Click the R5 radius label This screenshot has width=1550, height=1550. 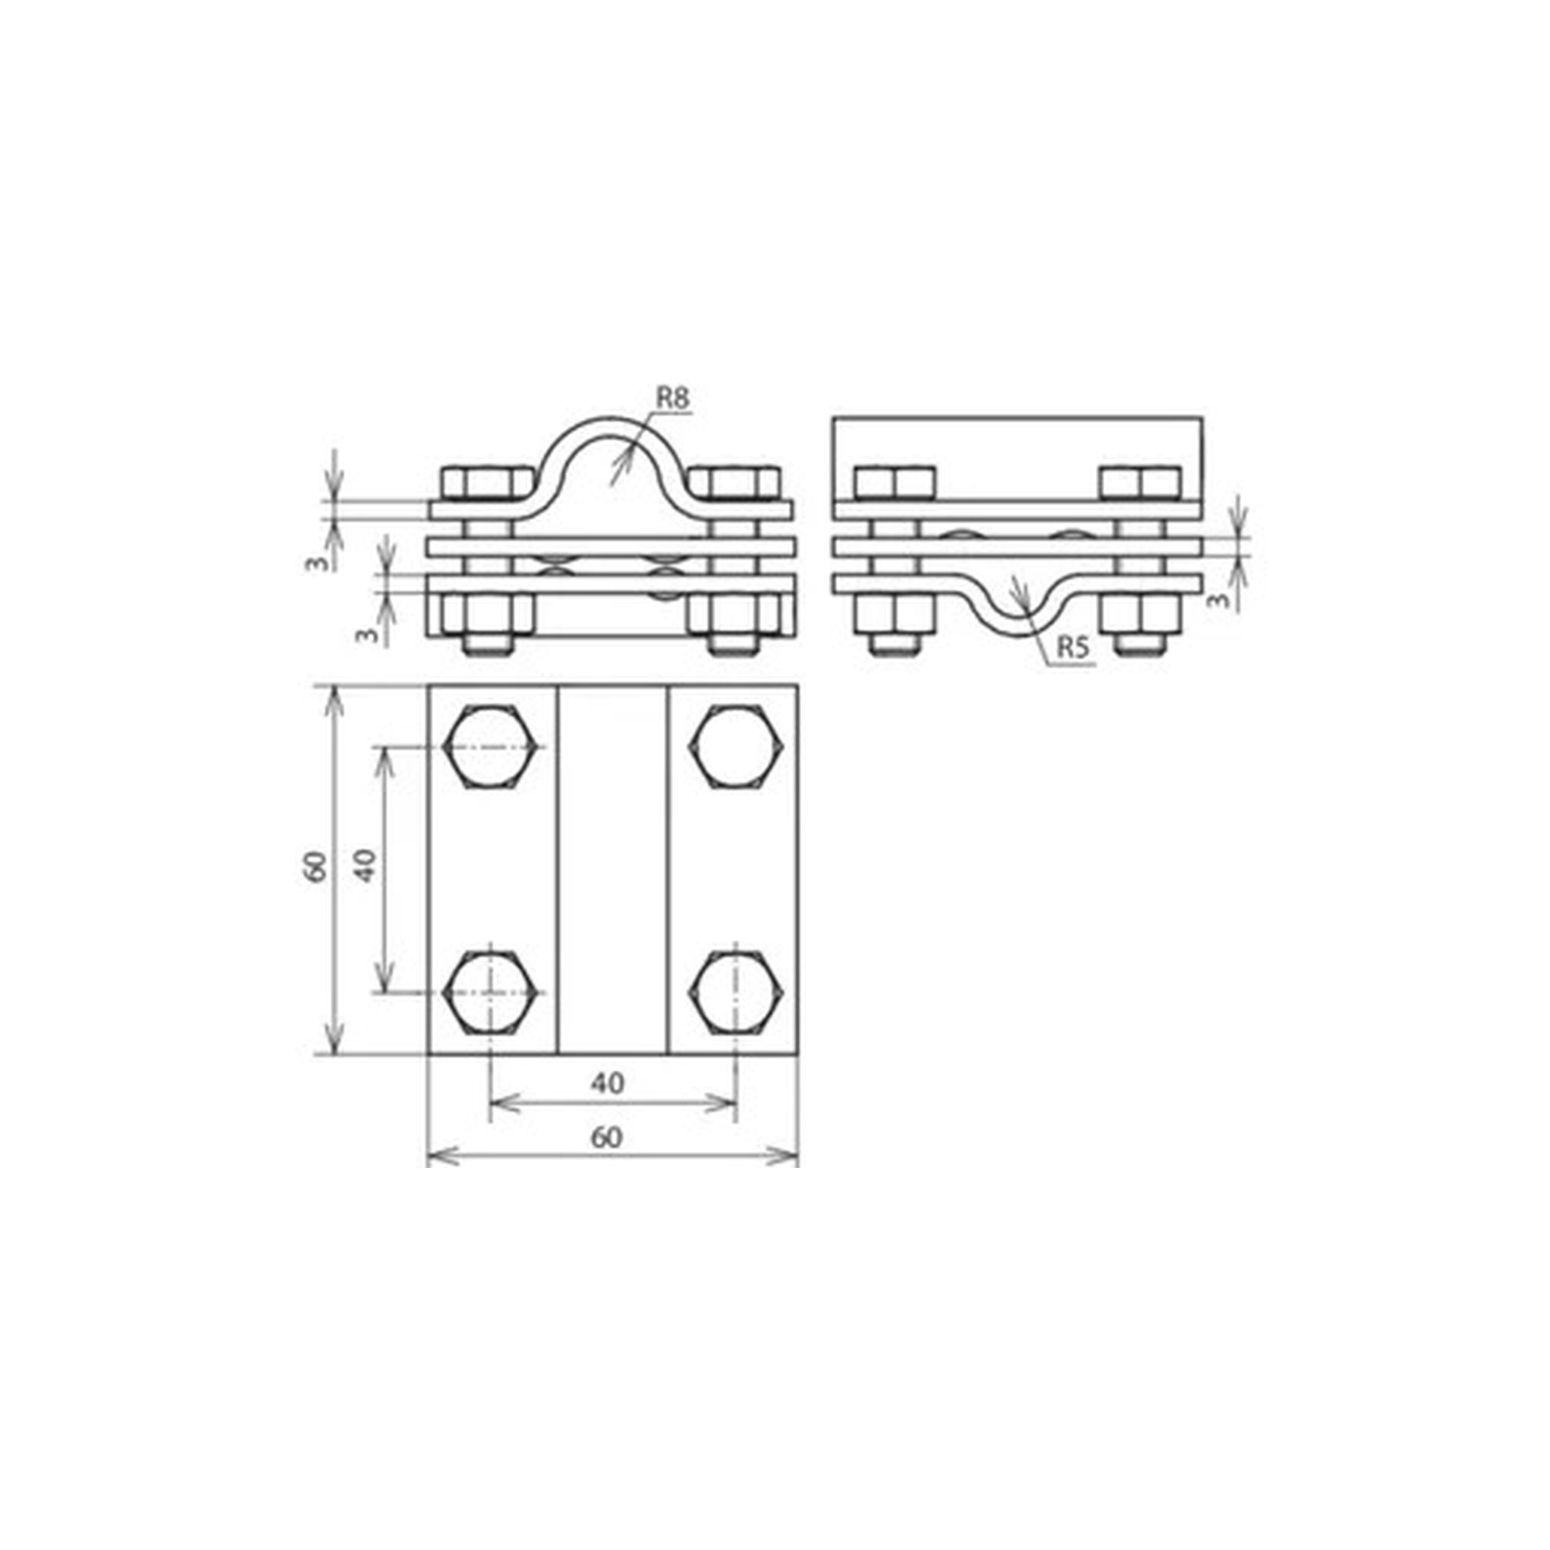tap(1073, 648)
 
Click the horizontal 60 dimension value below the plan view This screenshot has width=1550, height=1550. tap(607, 1138)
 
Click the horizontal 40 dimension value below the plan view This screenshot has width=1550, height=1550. tap(607, 1083)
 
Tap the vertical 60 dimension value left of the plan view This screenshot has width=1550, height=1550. tap(316, 867)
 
